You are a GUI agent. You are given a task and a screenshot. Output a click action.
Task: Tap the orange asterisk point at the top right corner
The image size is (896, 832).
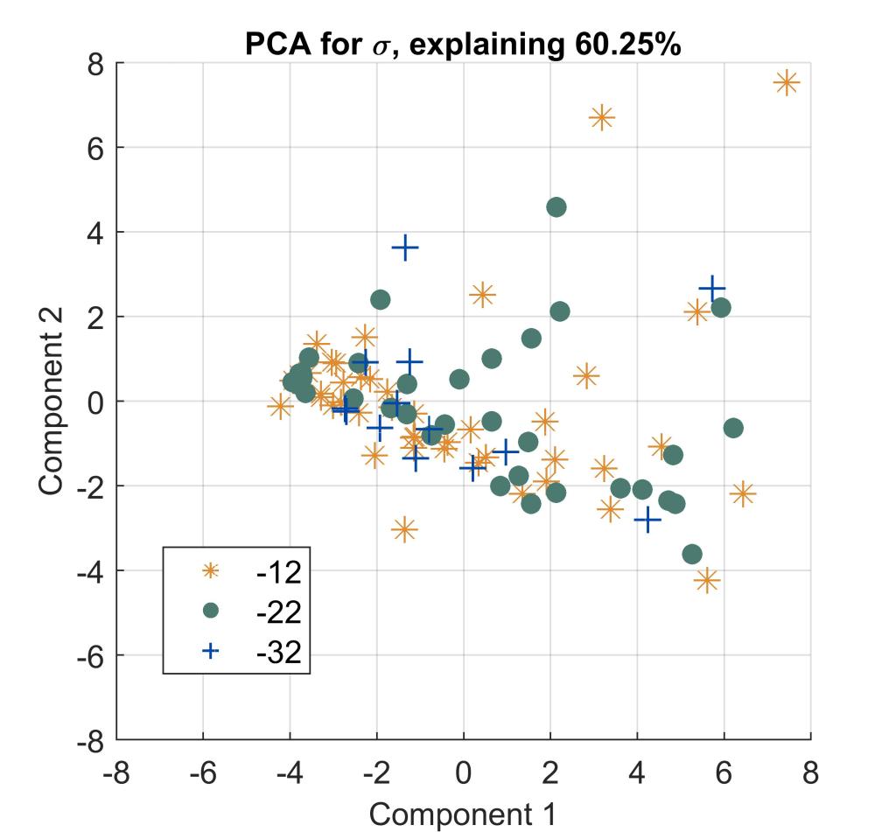coord(786,83)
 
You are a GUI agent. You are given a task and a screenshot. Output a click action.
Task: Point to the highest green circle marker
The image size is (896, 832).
coord(556,207)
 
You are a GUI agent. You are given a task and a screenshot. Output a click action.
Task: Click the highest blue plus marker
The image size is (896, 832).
coord(404,248)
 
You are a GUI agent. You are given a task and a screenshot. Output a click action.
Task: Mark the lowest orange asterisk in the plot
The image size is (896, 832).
coord(707,579)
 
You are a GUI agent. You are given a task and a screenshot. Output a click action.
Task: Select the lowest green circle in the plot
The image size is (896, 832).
coord(692,554)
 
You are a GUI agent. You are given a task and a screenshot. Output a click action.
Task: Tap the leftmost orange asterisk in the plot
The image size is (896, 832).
coord(280,406)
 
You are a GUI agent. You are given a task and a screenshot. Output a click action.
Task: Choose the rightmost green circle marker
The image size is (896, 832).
coord(733,428)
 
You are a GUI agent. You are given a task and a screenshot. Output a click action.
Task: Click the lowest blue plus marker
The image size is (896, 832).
coord(647,520)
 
